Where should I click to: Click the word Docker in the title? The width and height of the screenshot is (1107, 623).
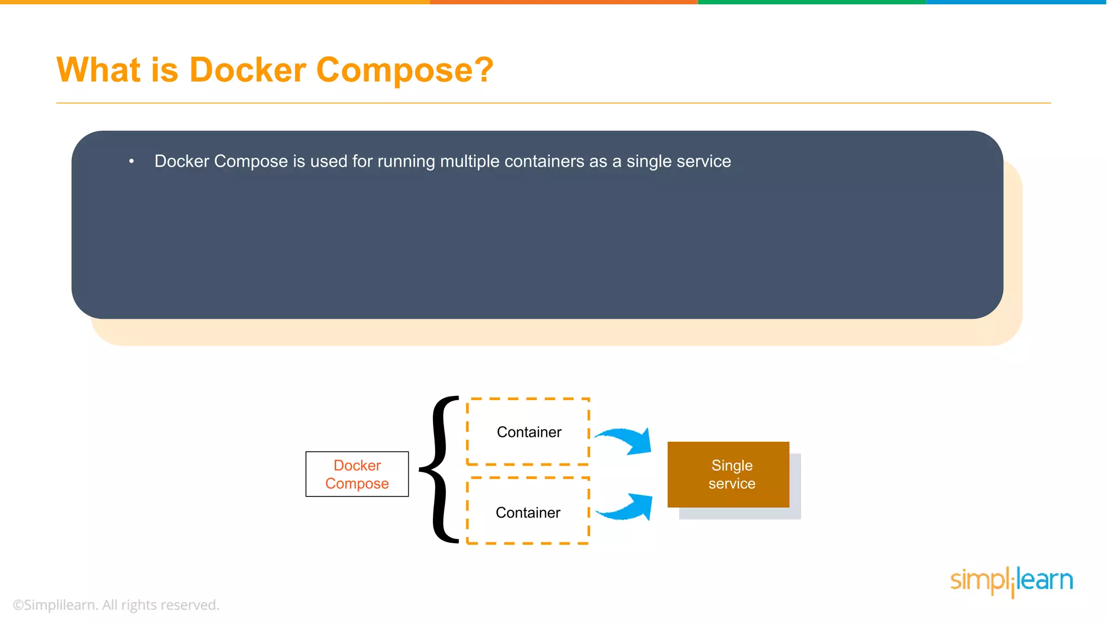click(248, 70)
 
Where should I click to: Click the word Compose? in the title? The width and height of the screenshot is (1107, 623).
click(404, 70)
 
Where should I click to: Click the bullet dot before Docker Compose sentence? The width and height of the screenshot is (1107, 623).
click(131, 161)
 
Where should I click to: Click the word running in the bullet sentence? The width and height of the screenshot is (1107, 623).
click(406, 161)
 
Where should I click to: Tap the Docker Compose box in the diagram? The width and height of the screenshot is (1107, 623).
click(357, 474)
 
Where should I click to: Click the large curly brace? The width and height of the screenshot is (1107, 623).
click(441, 469)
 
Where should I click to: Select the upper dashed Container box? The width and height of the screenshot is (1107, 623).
click(528, 432)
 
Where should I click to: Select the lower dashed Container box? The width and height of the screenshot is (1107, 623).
click(528, 511)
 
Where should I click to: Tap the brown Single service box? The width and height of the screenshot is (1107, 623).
click(728, 474)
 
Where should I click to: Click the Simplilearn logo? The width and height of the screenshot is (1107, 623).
click(1011, 581)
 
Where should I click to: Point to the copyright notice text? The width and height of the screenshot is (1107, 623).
click(116, 605)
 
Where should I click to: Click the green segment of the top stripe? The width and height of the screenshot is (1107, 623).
click(811, 2)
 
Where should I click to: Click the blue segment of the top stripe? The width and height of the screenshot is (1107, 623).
click(1016, 2)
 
